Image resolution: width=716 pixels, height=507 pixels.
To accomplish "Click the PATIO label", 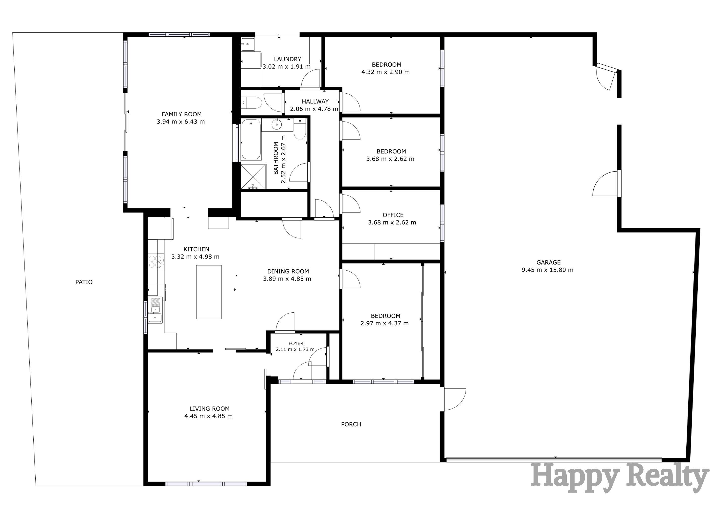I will pos(84,282).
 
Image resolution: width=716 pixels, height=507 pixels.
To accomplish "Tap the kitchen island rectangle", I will pos(209,292).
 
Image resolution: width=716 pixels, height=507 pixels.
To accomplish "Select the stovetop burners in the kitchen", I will pos(155,262).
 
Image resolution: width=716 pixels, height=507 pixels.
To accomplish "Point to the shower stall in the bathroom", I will pos(253,177).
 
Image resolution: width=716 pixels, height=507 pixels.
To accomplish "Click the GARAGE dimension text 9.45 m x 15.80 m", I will pos(547,270).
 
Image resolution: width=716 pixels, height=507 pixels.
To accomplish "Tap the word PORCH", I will pos(351,425).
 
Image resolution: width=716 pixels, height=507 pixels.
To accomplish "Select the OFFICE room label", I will pos(393,215).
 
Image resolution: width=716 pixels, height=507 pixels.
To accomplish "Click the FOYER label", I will pos(296,343).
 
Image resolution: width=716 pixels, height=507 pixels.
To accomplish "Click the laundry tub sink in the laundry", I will pos(248,44).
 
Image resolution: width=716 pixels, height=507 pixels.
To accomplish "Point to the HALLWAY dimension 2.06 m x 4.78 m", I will pos(314,109).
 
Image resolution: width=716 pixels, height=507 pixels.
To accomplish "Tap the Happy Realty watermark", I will pos(619,478).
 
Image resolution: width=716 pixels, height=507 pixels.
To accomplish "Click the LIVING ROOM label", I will pos(209,409).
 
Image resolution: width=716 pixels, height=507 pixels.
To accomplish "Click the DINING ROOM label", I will pos(288,272).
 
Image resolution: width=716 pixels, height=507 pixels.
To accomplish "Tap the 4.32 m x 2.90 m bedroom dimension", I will pos(385,72).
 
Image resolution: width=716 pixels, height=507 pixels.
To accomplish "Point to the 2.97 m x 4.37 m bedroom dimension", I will pos(384,323).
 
